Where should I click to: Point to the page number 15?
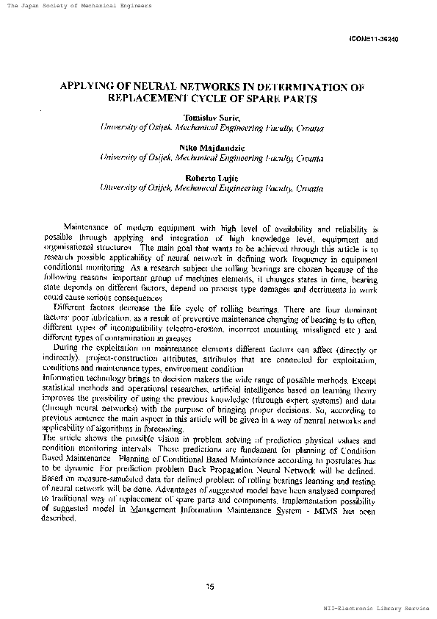click(210, 585)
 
